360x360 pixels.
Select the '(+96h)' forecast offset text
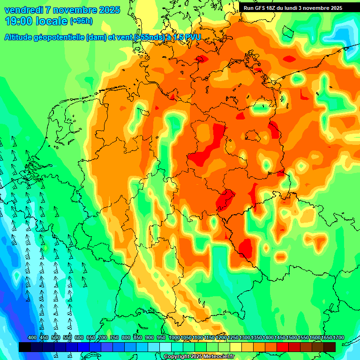(81, 21)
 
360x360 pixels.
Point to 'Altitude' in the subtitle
(20, 37)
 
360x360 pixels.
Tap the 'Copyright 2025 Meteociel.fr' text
(199, 357)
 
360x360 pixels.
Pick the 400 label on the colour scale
(32, 338)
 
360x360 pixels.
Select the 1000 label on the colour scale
(174, 338)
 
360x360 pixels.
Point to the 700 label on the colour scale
(103, 338)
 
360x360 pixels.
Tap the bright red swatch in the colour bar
(283, 347)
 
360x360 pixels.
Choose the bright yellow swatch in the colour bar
(236, 347)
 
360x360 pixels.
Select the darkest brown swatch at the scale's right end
(330, 347)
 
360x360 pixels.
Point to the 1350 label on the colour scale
(256, 338)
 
